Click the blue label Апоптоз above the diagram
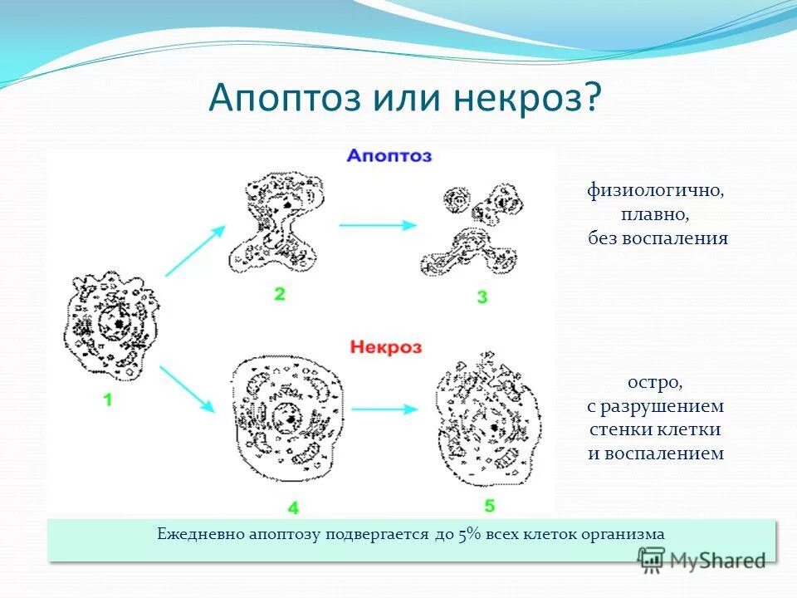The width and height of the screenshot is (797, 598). pyautogui.click(x=389, y=155)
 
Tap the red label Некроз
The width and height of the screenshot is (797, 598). pyautogui.click(x=386, y=346)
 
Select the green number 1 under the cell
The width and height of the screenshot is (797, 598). pyautogui.click(x=108, y=399)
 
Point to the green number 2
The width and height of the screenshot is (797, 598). pyautogui.click(x=279, y=292)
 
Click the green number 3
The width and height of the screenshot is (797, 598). pyautogui.click(x=482, y=297)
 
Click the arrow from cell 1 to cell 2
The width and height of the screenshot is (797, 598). pyautogui.click(x=195, y=250)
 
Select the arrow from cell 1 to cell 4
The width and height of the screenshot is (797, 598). pyautogui.click(x=188, y=388)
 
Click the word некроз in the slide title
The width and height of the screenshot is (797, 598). pyautogui.click(x=528, y=98)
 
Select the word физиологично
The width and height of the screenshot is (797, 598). pyautogui.click(x=656, y=191)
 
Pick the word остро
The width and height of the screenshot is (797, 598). pyautogui.click(x=655, y=384)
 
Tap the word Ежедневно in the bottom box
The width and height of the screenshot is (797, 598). pyautogui.click(x=200, y=534)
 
